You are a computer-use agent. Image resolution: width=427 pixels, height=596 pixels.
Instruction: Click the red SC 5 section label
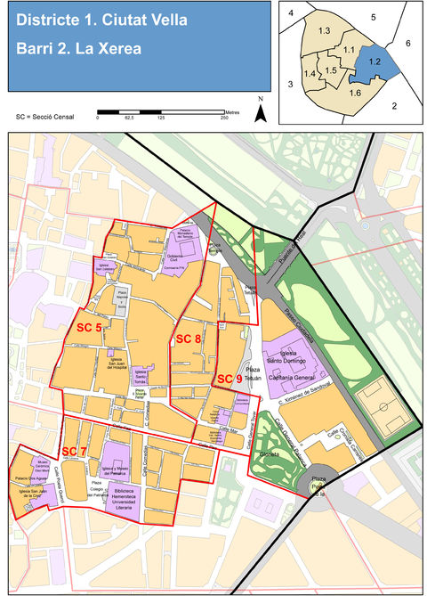click(x=87, y=328)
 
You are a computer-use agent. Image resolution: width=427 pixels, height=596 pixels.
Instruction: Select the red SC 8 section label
click(x=188, y=339)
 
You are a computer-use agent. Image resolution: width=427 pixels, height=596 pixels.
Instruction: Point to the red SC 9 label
click(x=229, y=380)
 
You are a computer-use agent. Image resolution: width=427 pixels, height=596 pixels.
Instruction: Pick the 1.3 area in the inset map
click(x=325, y=32)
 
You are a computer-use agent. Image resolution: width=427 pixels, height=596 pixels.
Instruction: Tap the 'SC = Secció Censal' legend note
click(x=44, y=117)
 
